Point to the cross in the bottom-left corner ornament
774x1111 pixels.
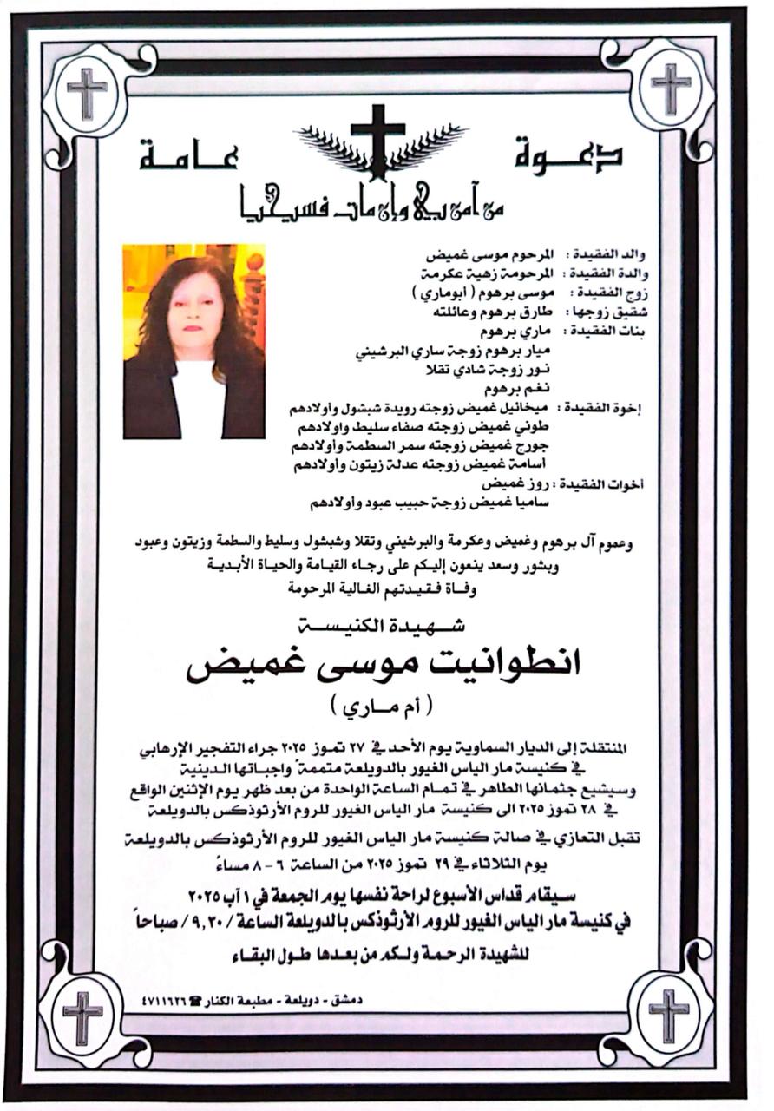point(83,1015)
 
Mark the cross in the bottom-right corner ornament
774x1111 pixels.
point(669,1013)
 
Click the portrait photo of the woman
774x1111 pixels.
point(193,341)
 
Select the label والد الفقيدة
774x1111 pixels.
point(605,258)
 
